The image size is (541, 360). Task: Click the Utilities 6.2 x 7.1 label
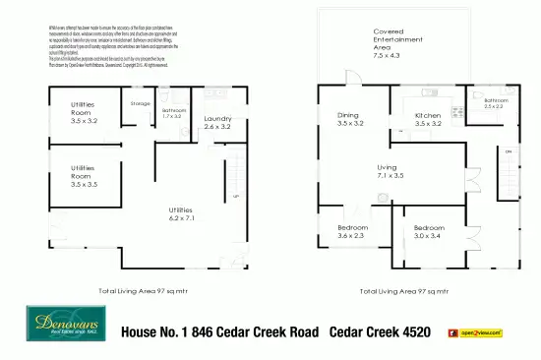point(179,214)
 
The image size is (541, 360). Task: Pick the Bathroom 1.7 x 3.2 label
point(173,113)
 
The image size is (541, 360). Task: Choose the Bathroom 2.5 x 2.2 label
point(495,103)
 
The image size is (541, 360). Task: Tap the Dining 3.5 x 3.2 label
point(350,120)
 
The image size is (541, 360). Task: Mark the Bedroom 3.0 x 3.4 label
point(429,231)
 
